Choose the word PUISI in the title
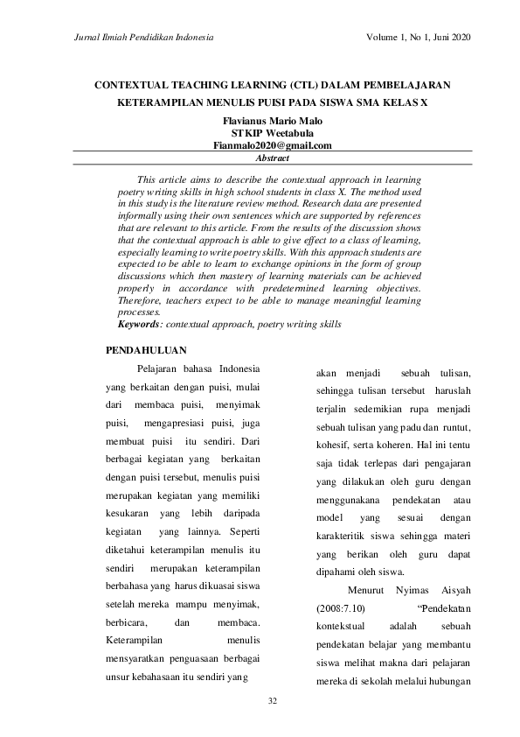coord(295,102)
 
